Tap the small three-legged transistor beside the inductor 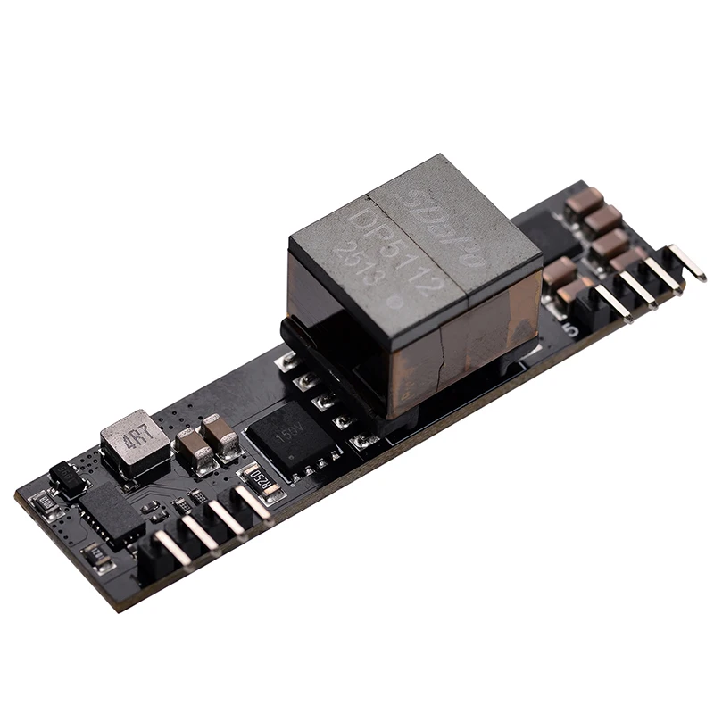[x=67, y=478]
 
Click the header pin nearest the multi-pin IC [x=169, y=547]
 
